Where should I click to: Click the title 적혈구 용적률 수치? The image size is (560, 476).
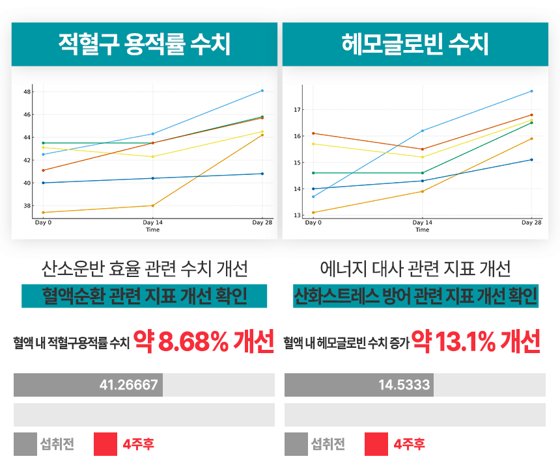145,44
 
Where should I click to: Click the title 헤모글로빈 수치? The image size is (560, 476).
415,44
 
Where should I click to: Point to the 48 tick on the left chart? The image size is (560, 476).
27,92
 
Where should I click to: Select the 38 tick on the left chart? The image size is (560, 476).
27,205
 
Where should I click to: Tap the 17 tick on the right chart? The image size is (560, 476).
298,110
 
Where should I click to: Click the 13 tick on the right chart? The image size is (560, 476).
298,215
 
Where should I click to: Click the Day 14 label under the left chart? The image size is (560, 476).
152,222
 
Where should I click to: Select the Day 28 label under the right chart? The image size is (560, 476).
531,222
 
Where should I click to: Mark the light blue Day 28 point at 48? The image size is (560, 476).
262,90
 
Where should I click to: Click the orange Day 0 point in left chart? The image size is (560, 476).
43,212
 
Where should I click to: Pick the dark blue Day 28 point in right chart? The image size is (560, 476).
531,159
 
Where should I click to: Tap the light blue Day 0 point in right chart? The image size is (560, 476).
313,196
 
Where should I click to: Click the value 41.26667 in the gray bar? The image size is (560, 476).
128,384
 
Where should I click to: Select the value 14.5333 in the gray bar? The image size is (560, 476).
404,384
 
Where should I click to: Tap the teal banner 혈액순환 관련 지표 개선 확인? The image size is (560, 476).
144,296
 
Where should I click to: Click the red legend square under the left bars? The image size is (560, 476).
105,445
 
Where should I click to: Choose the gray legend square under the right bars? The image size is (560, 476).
296,445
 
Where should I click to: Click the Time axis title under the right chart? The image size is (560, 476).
422,230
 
